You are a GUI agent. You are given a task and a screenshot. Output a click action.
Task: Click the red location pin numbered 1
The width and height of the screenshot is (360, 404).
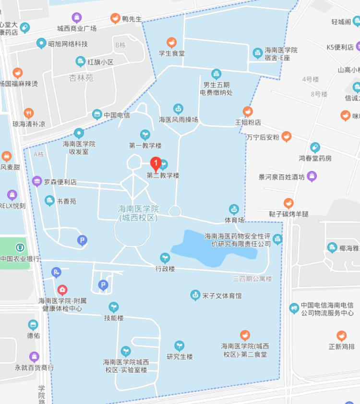[x=156, y=163]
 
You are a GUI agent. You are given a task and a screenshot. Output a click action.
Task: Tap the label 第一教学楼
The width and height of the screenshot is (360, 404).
[x=145, y=145]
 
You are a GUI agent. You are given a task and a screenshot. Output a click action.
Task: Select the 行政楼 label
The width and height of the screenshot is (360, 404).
[x=165, y=269]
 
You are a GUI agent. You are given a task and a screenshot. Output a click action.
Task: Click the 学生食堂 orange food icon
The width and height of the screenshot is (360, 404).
[x=171, y=43]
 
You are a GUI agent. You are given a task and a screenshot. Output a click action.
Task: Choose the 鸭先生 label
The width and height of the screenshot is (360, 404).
[x=132, y=19]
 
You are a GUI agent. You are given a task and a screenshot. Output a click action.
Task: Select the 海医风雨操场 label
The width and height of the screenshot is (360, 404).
[x=178, y=120]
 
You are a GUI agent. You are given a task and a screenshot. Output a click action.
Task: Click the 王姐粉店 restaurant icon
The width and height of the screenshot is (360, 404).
[x=248, y=112]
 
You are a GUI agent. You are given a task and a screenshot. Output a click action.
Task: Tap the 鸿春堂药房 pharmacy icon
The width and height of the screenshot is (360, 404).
[x=315, y=147]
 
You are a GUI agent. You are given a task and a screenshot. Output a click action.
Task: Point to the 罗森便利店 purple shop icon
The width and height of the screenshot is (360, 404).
[x=37, y=182]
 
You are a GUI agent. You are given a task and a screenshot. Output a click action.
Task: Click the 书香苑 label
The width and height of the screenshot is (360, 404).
[x=66, y=201]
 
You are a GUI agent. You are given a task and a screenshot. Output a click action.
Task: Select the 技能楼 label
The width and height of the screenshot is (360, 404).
[x=114, y=318]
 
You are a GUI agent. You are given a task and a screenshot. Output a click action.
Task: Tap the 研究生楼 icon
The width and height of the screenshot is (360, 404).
[x=179, y=345]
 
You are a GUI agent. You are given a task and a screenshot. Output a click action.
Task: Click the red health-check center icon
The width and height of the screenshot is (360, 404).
[x=62, y=290]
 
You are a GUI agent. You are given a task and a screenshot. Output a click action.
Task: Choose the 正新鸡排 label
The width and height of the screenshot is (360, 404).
[x=342, y=346]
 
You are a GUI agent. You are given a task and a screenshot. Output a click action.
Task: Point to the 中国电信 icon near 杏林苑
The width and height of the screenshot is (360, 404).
[x=97, y=114]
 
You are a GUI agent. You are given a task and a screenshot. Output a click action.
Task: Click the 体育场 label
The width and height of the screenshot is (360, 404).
[x=234, y=220]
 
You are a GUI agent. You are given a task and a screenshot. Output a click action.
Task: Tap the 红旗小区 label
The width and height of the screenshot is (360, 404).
[x=100, y=62]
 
